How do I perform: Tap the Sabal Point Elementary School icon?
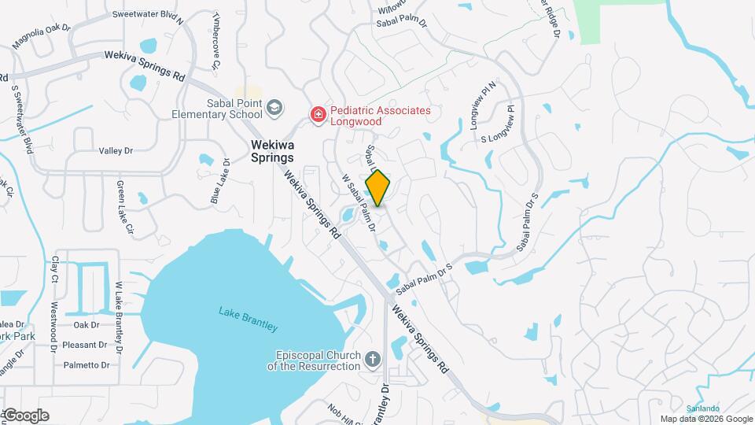(274, 108)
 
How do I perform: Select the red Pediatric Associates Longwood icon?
(318, 116)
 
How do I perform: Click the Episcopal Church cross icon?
(373, 360)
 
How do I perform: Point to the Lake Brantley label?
(248, 319)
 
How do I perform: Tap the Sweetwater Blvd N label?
(148, 15)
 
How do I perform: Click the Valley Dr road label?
(116, 150)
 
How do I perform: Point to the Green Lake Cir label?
(125, 209)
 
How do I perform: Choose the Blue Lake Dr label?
(219, 182)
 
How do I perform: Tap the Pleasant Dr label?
(85, 345)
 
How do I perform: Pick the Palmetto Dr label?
(87, 365)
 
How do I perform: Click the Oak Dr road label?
(86, 324)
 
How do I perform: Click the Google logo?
(25, 416)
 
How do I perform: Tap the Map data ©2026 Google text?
(705, 419)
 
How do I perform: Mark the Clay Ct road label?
(55, 268)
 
